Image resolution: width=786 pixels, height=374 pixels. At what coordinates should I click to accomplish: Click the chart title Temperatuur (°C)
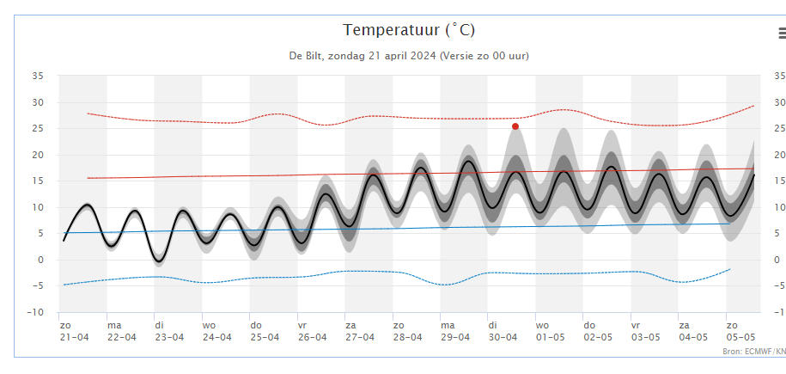coord(408,30)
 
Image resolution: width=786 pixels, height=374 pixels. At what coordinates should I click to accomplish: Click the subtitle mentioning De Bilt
coord(408,56)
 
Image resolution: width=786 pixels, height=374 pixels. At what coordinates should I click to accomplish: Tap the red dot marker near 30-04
coord(515,126)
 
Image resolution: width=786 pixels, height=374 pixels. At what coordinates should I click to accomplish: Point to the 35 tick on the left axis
coord(37,76)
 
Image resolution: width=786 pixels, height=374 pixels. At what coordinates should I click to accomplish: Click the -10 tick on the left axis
coord(35,313)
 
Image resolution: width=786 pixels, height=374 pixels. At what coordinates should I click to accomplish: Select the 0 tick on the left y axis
coord(40,261)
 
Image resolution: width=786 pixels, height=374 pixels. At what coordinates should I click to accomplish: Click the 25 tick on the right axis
coord(779,129)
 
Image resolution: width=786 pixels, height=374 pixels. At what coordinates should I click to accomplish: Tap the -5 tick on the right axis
coord(778,286)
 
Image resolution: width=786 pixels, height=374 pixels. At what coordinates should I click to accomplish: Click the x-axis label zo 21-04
coord(74,331)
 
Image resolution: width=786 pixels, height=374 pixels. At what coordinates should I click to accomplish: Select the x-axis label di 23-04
coord(169,331)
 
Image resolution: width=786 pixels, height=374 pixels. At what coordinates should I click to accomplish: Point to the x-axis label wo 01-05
coord(551,331)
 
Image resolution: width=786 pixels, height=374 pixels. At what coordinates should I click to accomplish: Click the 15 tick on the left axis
coord(37,181)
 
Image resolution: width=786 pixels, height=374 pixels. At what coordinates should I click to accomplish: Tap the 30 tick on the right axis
coord(779,102)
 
